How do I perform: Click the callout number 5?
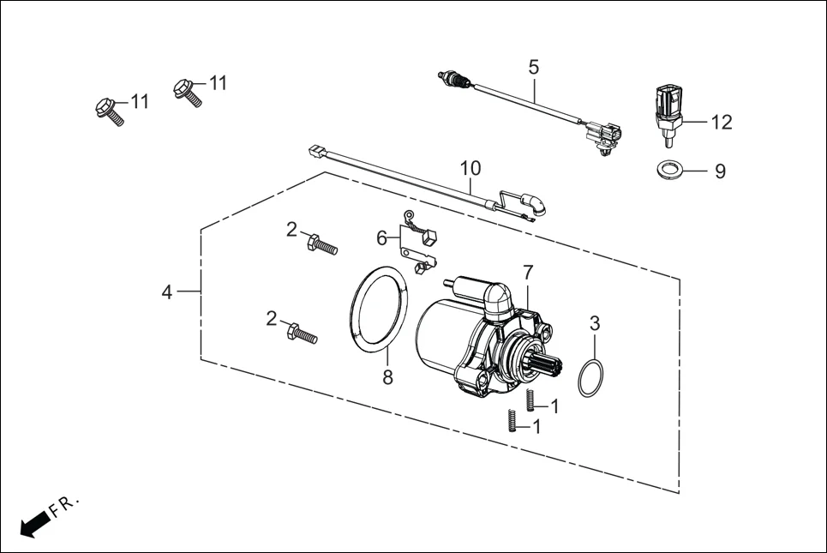(534, 66)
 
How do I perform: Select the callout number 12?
(722, 123)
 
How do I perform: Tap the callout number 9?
(720, 171)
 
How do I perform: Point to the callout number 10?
(470, 167)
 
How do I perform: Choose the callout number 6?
(381, 236)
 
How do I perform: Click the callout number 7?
(528, 273)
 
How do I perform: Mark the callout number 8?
(387, 376)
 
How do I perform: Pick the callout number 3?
(595, 323)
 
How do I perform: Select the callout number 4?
(167, 292)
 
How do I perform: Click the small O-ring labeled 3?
(590, 378)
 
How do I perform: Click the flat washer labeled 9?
(669, 170)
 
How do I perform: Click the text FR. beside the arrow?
(64, 506)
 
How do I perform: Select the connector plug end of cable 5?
(602, 135)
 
